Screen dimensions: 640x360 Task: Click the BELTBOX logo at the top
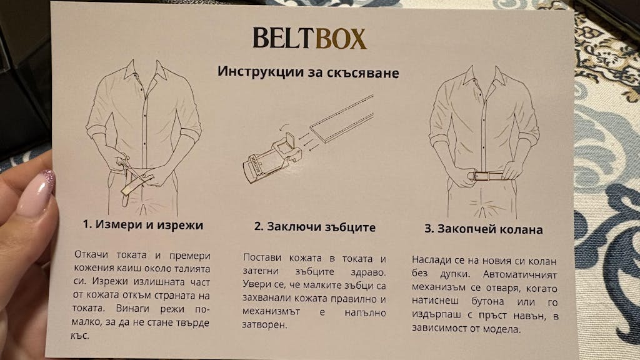[x=309, y=38]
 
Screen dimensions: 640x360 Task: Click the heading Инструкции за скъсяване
[x=308, y=72]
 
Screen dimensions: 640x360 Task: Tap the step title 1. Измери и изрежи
[x=143, y=225]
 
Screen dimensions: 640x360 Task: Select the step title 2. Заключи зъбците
[x=315, y=227]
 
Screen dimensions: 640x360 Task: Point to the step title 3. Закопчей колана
[x=484, y=229]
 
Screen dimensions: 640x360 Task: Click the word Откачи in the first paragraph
[x=91, y=254]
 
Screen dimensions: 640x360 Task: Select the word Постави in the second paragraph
[x=262, y=257]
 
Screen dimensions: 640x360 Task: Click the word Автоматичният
[x=520, y=274]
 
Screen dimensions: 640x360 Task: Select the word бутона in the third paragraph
[x=487, y=302]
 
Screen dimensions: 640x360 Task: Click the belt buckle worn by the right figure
[x=477, y=176]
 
